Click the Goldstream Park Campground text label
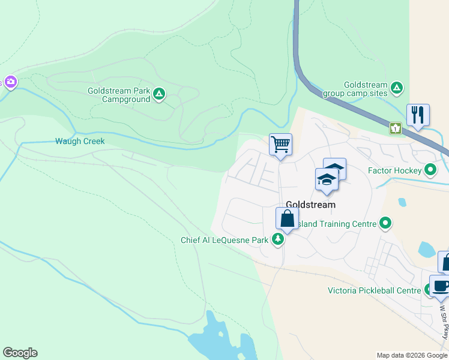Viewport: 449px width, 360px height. (x=118, y=94)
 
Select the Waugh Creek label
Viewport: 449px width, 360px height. (x=80, y=142)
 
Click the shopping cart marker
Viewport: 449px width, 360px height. (x=280, y=145)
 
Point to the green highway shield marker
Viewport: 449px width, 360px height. (x=396, y=128)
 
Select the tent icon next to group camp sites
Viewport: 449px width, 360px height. (x=396, y=88)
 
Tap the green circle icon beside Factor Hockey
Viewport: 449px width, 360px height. (x=430, y=170)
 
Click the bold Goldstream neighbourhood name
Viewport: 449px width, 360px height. (x=310, y=205)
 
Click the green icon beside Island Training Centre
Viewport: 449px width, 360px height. (x=386, y=224)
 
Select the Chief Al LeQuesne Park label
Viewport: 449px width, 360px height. (x=224, y=240)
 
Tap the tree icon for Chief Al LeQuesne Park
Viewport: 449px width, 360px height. (x=278, y=240)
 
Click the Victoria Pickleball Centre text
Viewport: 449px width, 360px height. (x=374, y=291)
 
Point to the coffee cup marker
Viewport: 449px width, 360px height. (x=441, y=286)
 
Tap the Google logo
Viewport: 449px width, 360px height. (x=20, y=353)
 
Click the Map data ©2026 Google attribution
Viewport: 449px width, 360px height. (x=411, y=355)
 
